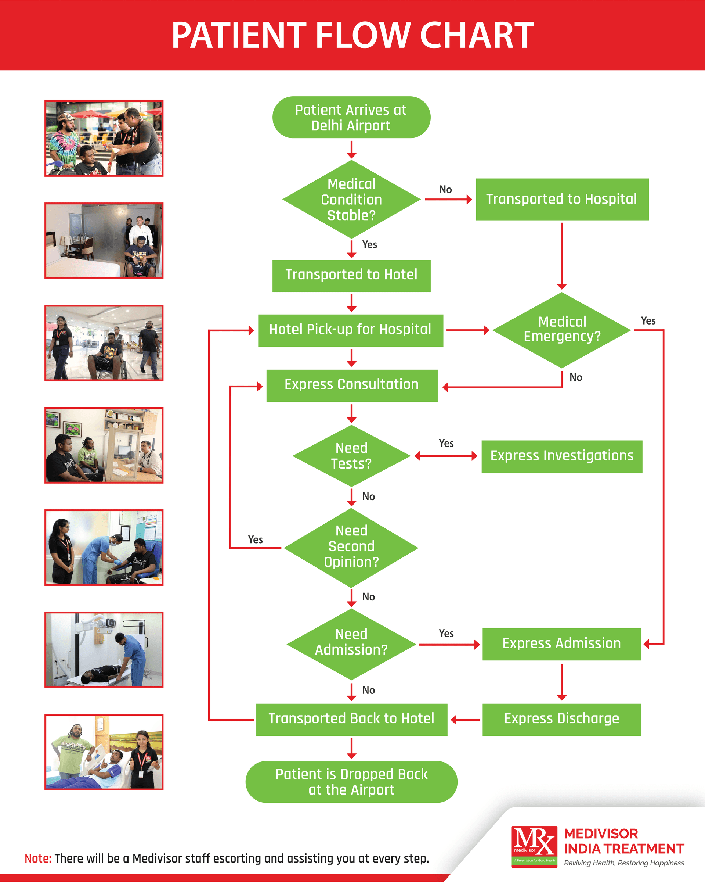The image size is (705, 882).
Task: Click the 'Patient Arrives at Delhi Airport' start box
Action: (351, 117)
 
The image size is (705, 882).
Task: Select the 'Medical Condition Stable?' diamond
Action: (351, 199)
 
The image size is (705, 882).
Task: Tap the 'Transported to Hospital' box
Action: (562, 199)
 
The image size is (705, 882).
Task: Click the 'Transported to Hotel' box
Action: (351, 275)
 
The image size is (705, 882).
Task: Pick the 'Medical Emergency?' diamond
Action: (562, 329)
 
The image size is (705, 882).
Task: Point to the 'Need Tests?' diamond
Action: (351, 456)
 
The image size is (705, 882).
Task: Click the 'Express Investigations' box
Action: (561, 456)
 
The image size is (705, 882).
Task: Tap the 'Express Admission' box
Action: (561, 644)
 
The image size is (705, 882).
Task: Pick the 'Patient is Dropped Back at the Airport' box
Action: (351, 782)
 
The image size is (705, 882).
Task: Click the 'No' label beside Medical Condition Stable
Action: (445, 189)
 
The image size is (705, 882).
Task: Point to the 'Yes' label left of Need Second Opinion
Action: (255, 539)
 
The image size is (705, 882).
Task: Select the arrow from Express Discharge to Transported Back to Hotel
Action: (465, 720)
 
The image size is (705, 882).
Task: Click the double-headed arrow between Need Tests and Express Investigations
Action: (445, 456)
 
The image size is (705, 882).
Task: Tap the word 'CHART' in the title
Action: (477, 36)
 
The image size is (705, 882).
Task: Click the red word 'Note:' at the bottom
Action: (37, 858)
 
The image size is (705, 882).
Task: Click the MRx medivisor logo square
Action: (534, 846)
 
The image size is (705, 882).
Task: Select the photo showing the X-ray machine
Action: (104, 650)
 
